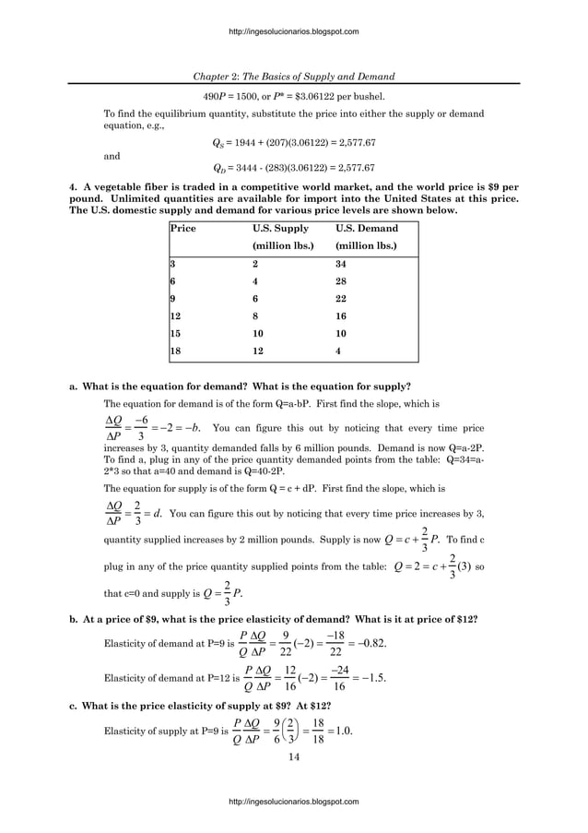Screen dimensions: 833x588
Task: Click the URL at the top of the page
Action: click(x=293, y=32)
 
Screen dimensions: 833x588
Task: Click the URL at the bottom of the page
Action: click(x=293, y=802)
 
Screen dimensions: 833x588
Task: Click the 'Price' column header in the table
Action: click(x=182, y=228)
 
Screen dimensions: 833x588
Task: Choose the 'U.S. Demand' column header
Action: click(x=367, y=228)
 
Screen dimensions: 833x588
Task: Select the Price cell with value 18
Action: click(x=175, y=351)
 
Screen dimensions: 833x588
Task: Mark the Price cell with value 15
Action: click(x=175, y=333)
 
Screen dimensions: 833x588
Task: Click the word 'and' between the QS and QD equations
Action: click(x=111, y=156)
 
